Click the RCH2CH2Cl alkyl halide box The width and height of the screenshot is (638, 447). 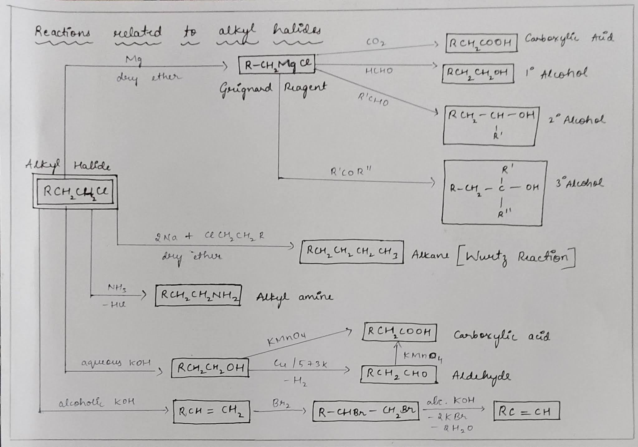(75, 192)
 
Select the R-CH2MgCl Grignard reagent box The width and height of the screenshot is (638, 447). (277, 65)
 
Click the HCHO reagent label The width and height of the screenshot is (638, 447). (379, 71)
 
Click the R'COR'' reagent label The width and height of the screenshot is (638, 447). (351, 171)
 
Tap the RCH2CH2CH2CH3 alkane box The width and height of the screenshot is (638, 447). (351, 252)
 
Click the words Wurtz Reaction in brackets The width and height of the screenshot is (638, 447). (516, 257)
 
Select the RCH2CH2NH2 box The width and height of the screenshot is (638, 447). (198, 295)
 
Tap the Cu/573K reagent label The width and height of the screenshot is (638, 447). (300, 363)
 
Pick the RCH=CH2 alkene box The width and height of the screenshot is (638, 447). (211, 412)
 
